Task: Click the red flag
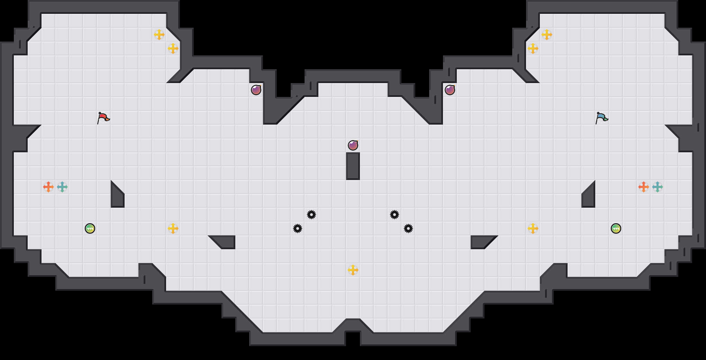tap(103, 118)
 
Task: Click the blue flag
tap(601, 118)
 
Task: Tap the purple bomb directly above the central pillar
tap(353, 145)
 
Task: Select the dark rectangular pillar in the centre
tap(353, 166)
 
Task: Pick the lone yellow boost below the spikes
tap(353, 270)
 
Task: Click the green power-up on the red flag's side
tap(90, 228)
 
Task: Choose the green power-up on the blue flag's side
tap(616, 228)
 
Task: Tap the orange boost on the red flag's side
tap(48, 187)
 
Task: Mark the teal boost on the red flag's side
tap(62, 187)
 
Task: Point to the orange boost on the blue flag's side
tap(644, 187)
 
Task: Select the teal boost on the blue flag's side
tap(658, 187)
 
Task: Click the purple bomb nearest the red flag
tap(256, 90)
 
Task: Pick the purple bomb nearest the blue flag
tap(450, 90)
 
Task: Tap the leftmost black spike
tap(298, 228)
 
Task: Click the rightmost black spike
tap(408, 228)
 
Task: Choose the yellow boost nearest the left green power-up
tap(173, 228)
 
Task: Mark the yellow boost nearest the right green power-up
tap(533, 228)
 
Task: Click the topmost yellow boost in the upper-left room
tap(159, 35)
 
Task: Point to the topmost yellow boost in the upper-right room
tap(547, 35)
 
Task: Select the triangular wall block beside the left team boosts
tap(116, 197)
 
